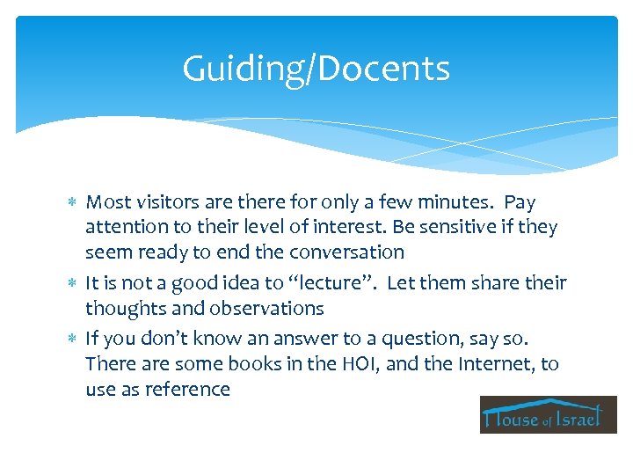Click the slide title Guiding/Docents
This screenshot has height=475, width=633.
tap(316, 69)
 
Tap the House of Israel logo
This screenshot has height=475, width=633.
tap(548, 414)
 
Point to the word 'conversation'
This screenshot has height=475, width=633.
tap(350, 252)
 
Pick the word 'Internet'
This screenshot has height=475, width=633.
tap(474, 363)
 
